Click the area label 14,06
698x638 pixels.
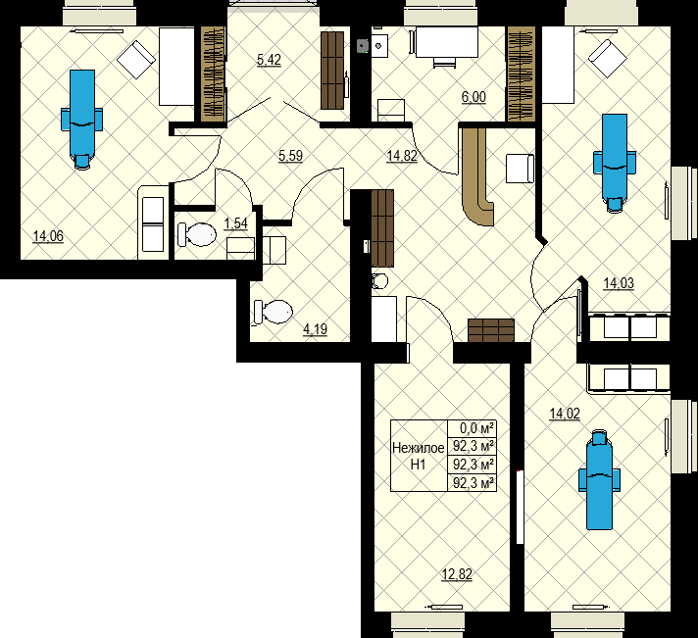coord(48,235)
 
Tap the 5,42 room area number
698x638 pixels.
coord(269,61)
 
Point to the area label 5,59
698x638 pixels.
coord(289,155)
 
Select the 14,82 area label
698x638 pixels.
coord(402,155)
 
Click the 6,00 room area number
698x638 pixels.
coord(474,97)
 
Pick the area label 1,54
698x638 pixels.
coord(235,224)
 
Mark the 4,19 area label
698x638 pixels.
coord(315,329)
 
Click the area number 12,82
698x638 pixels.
coord(457,574)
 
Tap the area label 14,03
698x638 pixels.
coord(618,283)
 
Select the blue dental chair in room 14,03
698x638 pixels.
coord(614,161)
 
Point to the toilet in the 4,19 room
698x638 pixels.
coord(274,312)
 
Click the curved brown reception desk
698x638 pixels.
coord(477,176)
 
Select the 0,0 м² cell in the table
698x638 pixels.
coord(471,428)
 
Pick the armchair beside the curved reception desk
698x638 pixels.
coord(518,169)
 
